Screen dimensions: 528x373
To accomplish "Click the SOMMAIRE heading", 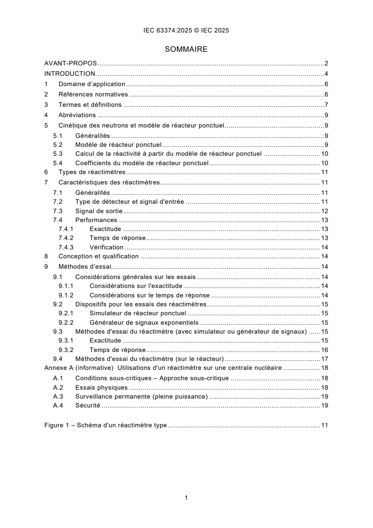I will [x=186, y=49].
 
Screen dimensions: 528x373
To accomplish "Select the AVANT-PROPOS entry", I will [x=71, y=63].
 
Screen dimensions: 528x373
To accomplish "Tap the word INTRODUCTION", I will [x=70, y=73].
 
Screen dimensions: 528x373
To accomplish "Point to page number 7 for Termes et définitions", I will [x=326, y=104].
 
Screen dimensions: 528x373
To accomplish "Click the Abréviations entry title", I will [x=77, y=115].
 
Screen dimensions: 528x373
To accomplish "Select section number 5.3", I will [x=57, y=154].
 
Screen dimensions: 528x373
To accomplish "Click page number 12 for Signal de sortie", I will [x=325, y=210].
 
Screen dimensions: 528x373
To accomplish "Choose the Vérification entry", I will [x=106, y=247].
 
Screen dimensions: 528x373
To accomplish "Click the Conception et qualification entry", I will [x=98, y=256].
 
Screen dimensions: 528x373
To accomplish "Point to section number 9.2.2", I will [x=66, y=322].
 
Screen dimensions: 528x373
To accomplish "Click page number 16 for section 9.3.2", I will [x=325, y=350].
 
